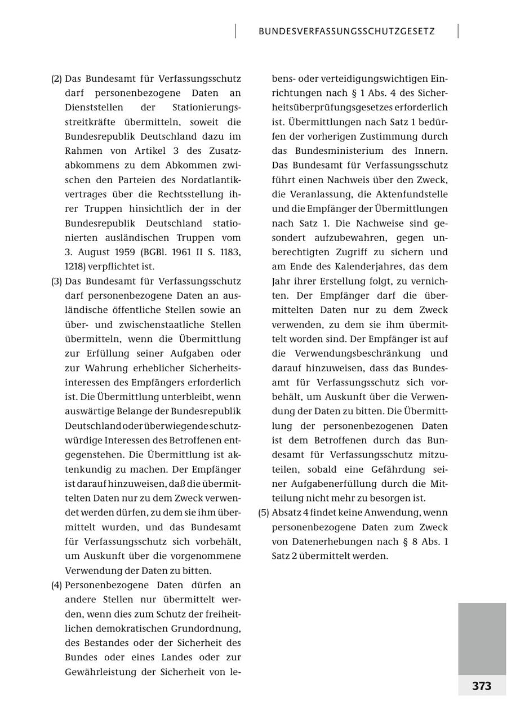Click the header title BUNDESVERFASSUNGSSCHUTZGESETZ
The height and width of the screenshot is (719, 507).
(x=346, y=32)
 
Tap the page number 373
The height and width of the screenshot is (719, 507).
(x=482, y=686)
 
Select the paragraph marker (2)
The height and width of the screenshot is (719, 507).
(x=56, y=79)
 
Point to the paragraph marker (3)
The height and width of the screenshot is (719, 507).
(x=56, y=281)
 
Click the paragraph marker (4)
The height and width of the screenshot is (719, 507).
(x=56, y=585)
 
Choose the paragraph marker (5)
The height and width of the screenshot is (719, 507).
(x=263, y=513)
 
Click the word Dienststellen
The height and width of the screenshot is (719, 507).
(x=90, y=108)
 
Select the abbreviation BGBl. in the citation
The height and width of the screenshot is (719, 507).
(x=158, y=252)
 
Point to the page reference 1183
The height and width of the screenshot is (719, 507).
(x=229, y=252)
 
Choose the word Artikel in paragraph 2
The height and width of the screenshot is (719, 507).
(x=152, y=151)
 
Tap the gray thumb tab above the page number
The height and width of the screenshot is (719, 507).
(x=482, y=638)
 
